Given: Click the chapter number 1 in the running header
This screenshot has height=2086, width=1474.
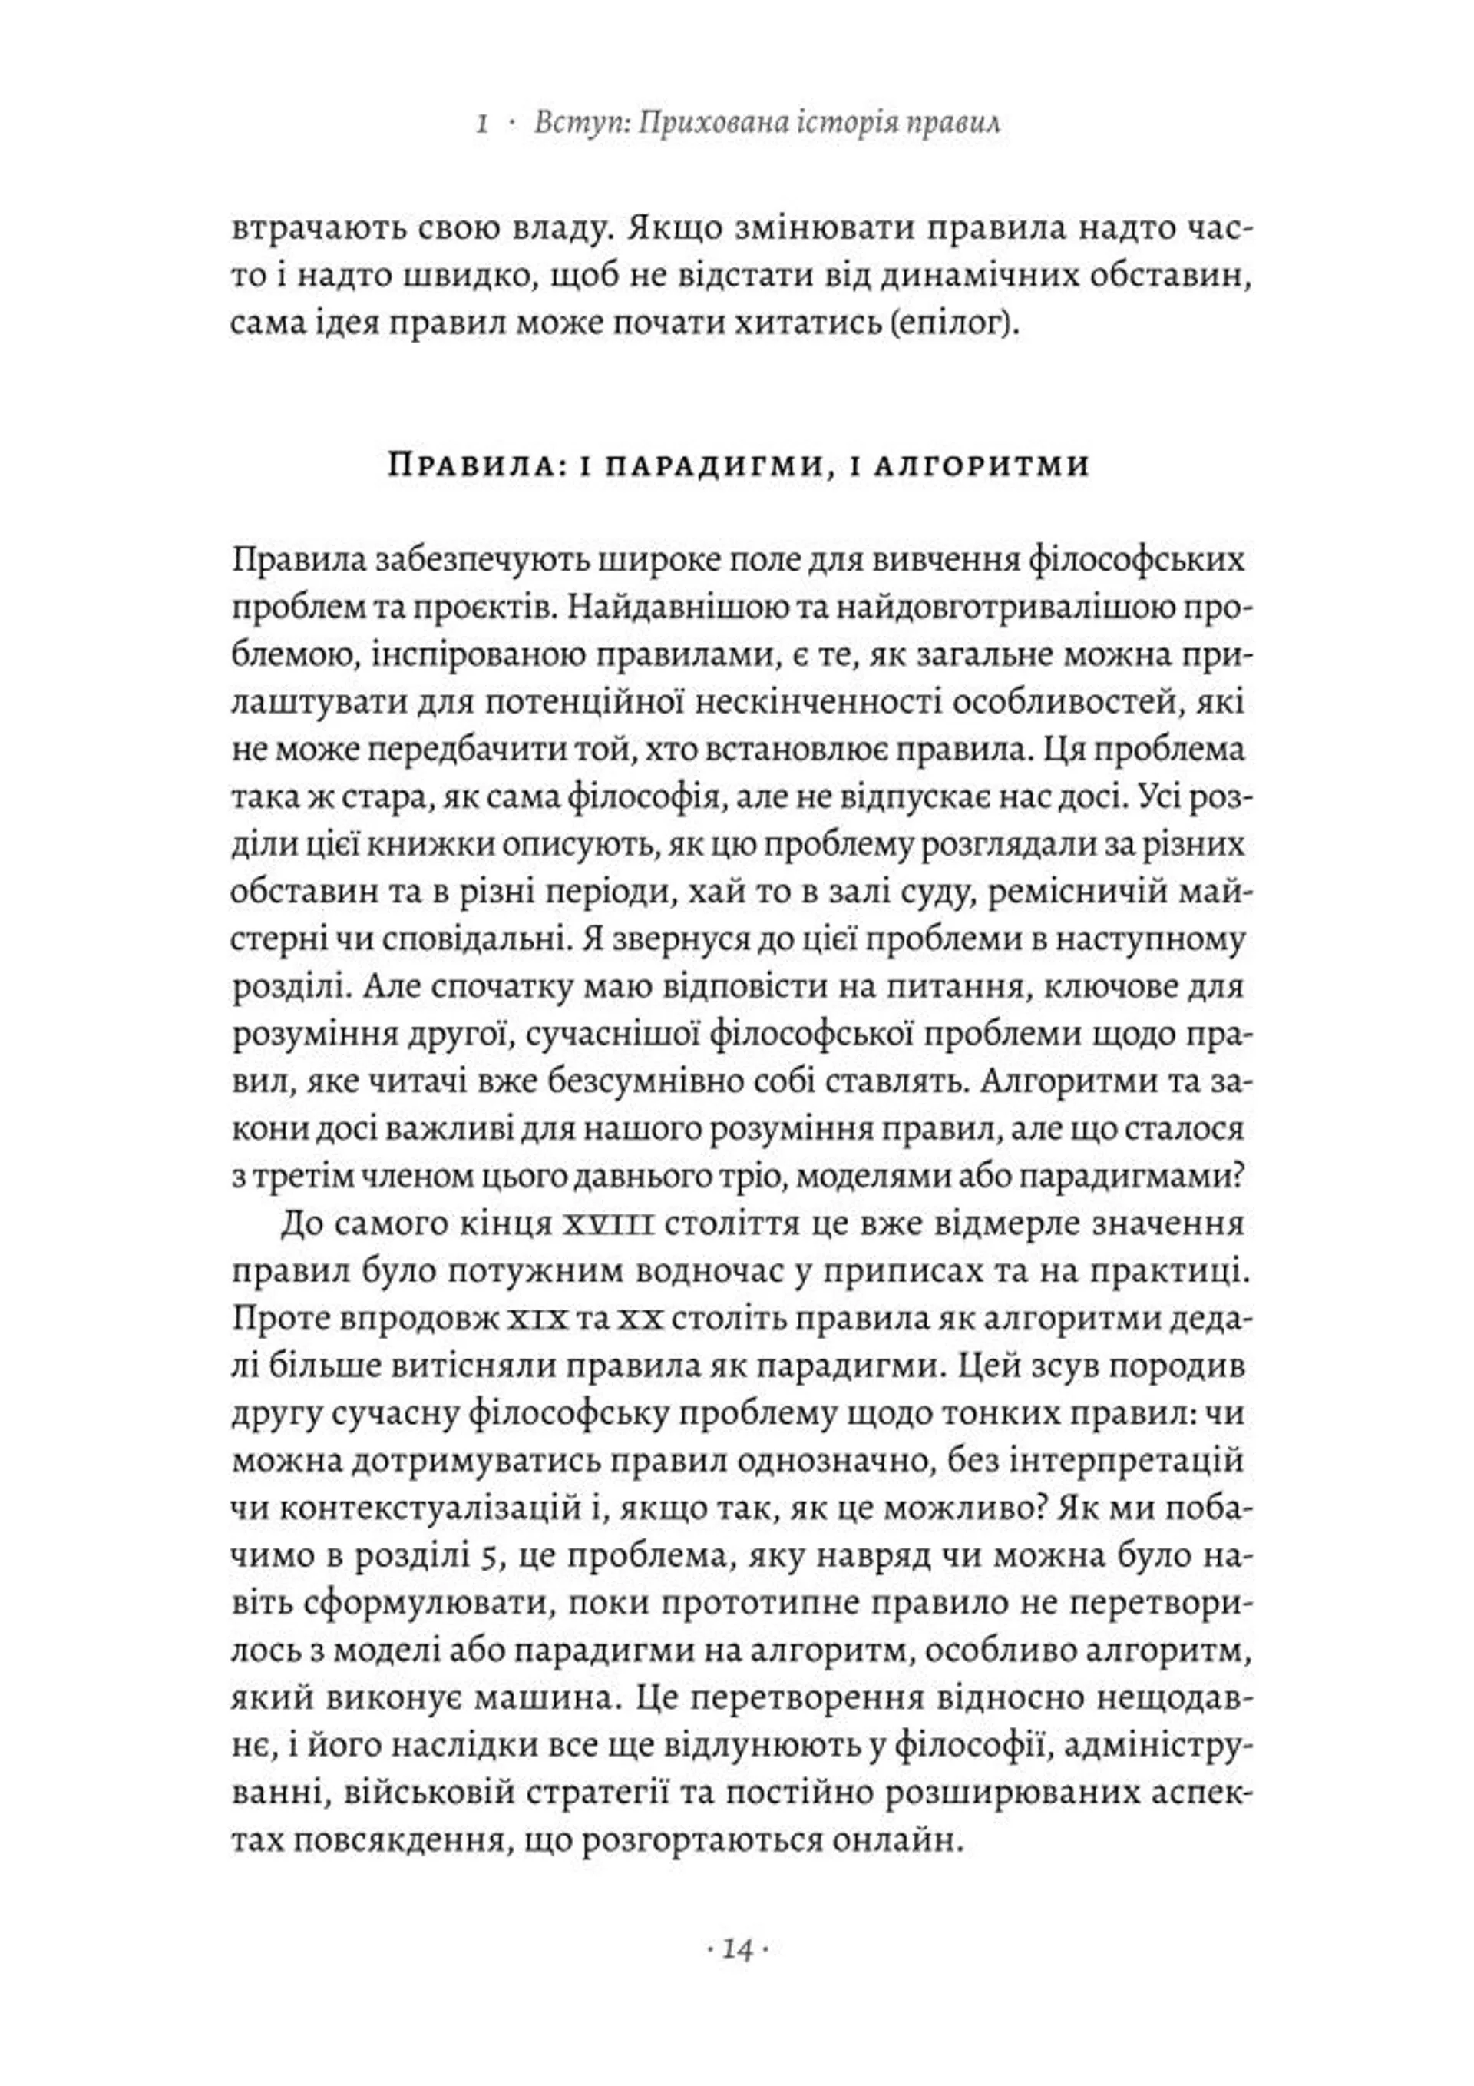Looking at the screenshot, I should (x=482, y=123).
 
